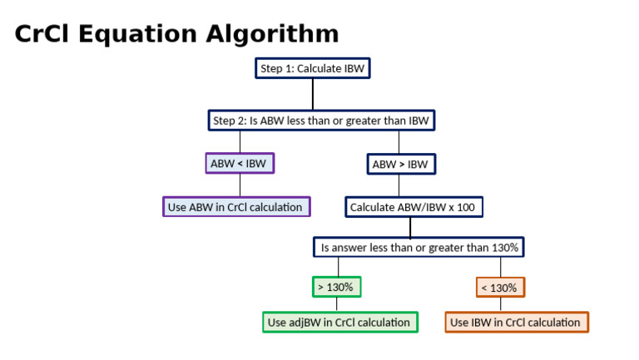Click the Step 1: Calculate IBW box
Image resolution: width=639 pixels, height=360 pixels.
(312, 68)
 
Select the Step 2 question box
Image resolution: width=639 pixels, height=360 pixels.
(321, 121)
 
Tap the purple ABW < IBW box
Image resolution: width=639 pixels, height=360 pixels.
(240, 164)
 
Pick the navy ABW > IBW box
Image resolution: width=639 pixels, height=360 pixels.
(401, 164)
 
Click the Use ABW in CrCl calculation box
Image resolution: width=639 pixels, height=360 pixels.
(236, 206)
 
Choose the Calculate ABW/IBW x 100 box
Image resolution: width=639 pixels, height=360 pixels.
(414, 206)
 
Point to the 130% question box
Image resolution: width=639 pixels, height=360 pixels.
(419, 247)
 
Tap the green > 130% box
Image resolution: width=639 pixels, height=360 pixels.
(336, 288)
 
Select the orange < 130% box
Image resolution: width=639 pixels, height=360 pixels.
(500, 288)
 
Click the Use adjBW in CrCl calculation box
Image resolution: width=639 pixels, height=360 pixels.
(339, 322)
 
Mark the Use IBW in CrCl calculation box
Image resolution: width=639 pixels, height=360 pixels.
(516, 322)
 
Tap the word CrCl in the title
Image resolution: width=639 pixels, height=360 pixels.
(42, 34)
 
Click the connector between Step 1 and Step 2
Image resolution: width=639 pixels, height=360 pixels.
(312, 94)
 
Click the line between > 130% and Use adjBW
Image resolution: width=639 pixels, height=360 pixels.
(336, 304)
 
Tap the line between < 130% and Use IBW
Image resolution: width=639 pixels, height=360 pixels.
(500, 304)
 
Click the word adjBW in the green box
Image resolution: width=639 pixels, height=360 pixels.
(310, 322)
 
